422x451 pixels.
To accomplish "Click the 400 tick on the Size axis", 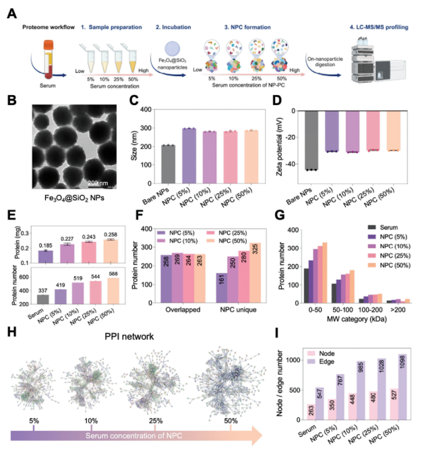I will [146, 110].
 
